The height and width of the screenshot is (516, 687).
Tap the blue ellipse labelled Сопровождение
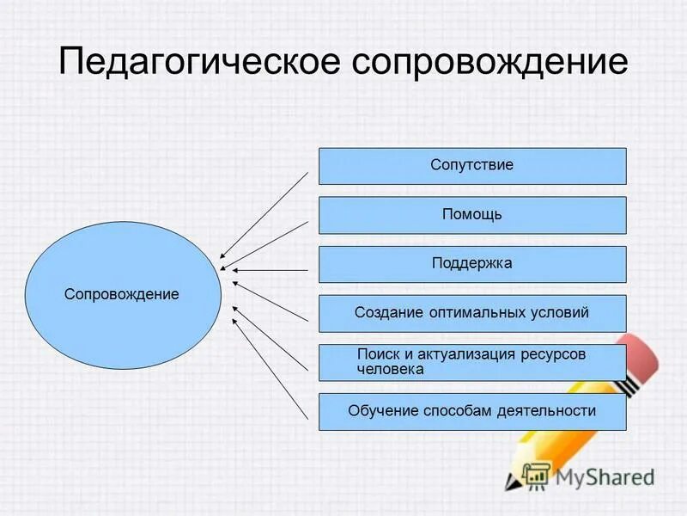click(122, 294)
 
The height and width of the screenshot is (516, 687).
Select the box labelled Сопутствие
click(472, 166)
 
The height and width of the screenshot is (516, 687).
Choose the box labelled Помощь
click(472, 215)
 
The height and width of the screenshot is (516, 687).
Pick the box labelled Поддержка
click(472, 264)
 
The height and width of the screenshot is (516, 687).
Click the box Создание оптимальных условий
click(472, 313)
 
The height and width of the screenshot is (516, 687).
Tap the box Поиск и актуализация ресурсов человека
click(472, 362)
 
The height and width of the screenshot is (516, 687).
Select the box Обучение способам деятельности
click(472, 412)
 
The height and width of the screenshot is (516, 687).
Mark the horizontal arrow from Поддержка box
click(270, 270)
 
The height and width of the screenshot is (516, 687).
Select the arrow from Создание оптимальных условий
click(270, 301)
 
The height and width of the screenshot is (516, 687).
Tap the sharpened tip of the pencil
click(508, 483)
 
